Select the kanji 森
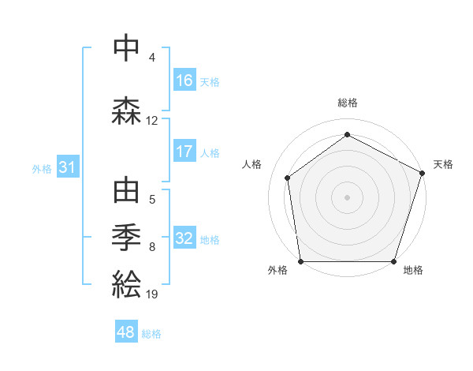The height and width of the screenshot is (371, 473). [x=126, y=111]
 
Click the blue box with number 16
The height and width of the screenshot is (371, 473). [x=184, y=81]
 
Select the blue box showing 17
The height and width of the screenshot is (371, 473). [x=184, y=152]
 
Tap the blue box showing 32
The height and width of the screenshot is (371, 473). [x=184, y=238]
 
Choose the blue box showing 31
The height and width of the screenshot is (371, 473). [x=68, y=167]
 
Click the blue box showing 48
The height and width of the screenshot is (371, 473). [x=126, y=332]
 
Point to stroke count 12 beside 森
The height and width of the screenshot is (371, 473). [x=152, y=121]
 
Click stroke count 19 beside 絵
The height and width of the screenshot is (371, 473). [x=152, y=294]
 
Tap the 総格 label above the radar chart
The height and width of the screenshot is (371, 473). [x=348, y=103]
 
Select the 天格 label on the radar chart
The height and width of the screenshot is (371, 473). [x=443, y=164]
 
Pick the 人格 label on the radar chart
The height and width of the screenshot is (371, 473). [x=252, y=164]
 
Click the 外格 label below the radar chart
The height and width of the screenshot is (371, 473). [x=277, y=270]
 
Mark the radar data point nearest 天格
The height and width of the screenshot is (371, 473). [x=422, y=173]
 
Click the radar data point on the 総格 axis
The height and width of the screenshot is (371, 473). [x=348, y=135]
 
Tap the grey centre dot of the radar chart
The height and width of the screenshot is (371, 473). [x=348, y=197]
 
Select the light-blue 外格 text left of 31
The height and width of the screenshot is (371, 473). [x=42, y=168]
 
